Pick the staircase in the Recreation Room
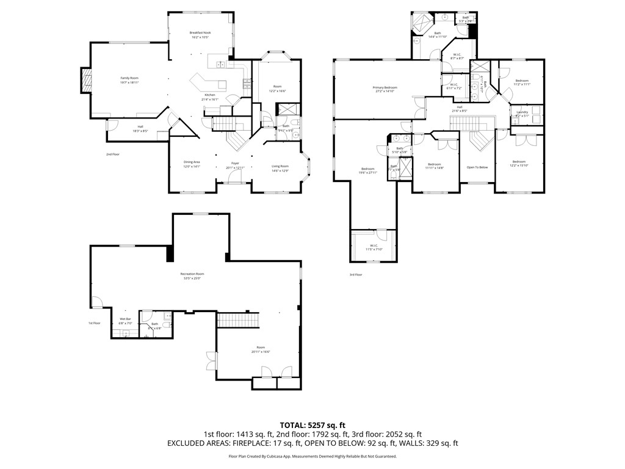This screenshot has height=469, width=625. coord(240,319)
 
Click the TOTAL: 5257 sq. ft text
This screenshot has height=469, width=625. coord(312,424)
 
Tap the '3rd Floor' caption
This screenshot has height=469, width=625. coord(356,275)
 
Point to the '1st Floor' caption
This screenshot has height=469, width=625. coord(94,323)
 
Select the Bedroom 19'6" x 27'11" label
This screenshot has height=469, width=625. coord(367,170)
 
